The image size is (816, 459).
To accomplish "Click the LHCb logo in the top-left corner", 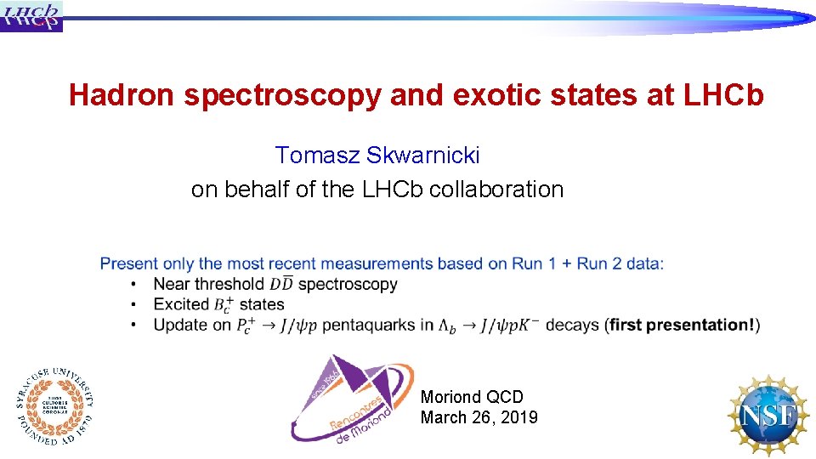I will pos(31,15).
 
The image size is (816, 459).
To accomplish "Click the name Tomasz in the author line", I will pos(318,156).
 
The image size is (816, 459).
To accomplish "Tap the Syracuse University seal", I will pos(54,405).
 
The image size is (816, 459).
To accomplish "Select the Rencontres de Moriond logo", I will pos(351,397).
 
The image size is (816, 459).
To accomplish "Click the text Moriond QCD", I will pos(472,397).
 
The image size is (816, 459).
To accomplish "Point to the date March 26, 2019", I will pos(479,417).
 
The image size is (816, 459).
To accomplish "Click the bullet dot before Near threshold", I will pos(134,285).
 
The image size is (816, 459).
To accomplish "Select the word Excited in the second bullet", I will pos(181,304).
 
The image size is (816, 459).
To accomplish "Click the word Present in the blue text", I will pos(128,263).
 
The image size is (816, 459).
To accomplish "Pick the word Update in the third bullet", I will pos(180,325).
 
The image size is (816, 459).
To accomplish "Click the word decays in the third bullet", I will pos(572,325).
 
